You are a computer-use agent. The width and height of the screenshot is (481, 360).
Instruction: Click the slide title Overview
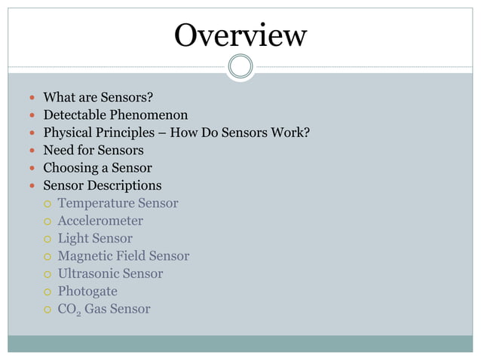[240, 35]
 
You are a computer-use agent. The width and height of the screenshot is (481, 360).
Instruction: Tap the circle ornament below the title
[240, 67]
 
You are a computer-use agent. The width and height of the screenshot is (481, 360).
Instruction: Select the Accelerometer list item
[100, 221]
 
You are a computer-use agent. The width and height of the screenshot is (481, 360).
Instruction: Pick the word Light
[72, 238]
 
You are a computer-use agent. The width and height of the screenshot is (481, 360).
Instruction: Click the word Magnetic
[87, 256]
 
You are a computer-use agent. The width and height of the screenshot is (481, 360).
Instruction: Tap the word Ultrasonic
[88, 273]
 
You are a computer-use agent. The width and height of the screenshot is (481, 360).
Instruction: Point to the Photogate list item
[87, 291]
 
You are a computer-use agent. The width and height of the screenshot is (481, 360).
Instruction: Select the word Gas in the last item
[96, 309]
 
